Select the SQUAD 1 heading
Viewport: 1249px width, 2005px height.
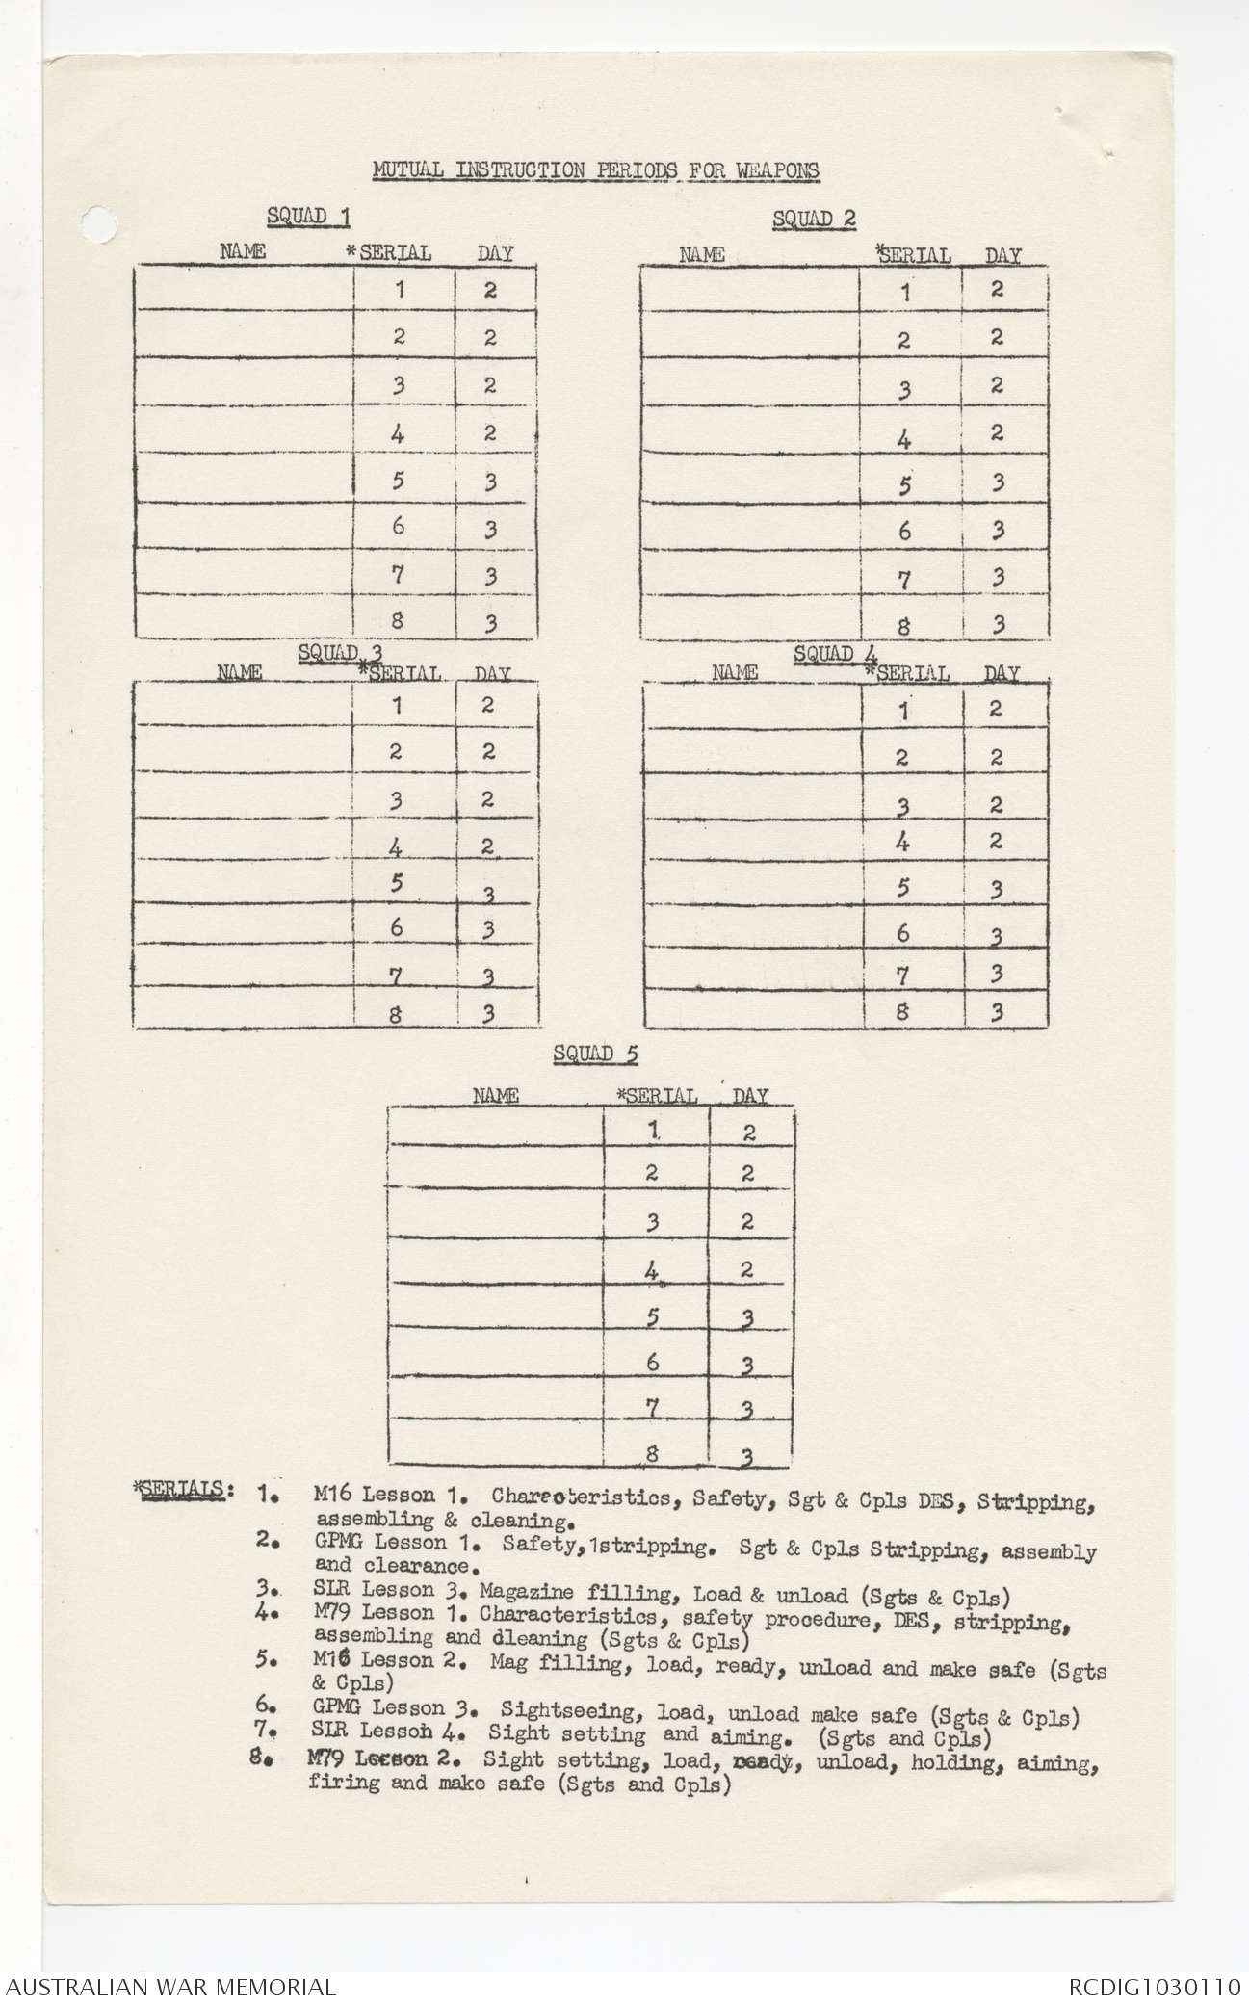[308, 216]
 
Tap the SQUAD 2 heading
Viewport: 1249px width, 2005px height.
[814, 219]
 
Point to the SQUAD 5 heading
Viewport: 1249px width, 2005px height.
[595, 1054]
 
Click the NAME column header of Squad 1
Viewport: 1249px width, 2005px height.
[243, 252]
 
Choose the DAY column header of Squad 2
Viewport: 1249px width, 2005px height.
[1002, 256]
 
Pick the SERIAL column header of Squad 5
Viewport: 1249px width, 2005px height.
[657, 1096]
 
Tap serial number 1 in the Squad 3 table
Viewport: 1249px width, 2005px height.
[397, 705]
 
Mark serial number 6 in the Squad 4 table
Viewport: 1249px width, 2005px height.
[902, 932]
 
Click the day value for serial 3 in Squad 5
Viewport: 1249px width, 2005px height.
[747, 1221]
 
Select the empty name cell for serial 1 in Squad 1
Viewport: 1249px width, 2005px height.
[245, 287]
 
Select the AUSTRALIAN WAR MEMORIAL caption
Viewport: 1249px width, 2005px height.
[169, 1984]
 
